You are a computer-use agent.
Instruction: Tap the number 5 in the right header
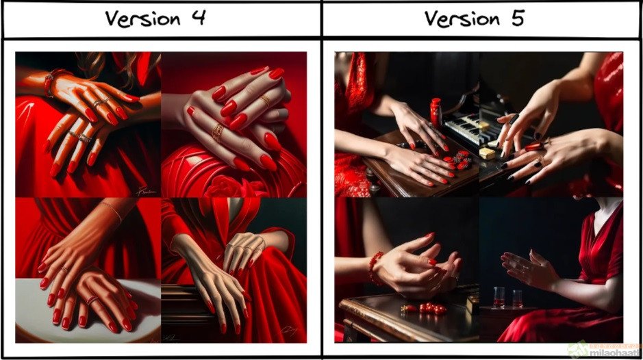(x=516, y=18)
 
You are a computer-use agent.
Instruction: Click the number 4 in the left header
(x=198, y=18)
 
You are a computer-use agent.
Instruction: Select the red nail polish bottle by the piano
(x=436, y=112)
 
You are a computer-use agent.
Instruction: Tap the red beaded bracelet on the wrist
(x=375, y=268)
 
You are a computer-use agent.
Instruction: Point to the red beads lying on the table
(x=428, y=308)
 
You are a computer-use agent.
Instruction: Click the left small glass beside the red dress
(x=499, y=296)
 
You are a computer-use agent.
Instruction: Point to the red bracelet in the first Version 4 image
(x=50, y=81)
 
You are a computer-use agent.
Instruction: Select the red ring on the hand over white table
(x=91, y=299)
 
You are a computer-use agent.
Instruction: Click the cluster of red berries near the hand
(x=457, y=159)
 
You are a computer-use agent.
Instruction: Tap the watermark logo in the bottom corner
(x=603, y=348)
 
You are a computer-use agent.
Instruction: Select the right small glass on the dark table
(x=517, y=298)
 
